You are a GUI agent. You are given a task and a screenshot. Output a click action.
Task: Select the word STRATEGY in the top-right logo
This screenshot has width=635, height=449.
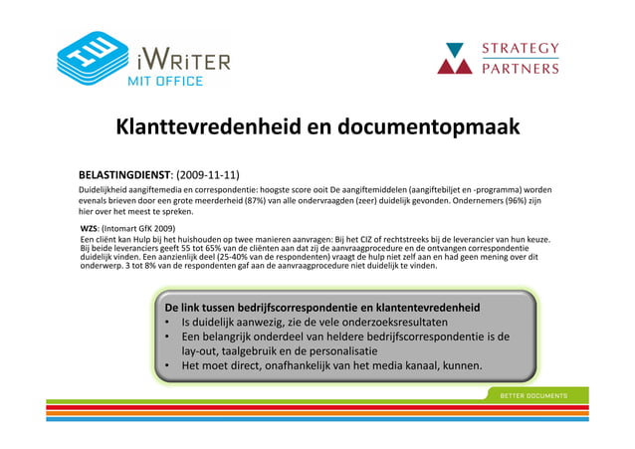point(520,48)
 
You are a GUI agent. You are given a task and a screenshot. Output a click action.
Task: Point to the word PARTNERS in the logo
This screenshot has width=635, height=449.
point(520,70)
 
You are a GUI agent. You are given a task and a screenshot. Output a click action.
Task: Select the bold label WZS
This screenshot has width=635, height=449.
point(90,228)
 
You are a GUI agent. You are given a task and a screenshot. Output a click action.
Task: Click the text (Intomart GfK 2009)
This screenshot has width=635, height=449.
point(138,228)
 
